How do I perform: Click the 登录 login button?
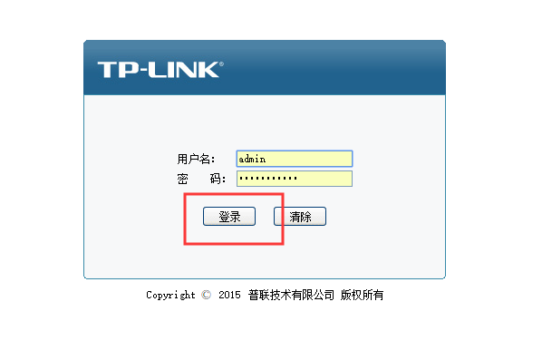click(x=229, y=217)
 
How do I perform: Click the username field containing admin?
click(x=295, y=159)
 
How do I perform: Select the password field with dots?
click(x=295, y=179)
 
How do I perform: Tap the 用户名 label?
click(x=196, y=159)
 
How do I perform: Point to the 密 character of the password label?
click(x=182, y=179)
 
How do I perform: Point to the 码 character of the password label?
click(x=216, y=179)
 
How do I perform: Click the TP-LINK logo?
click(x=160, y=70)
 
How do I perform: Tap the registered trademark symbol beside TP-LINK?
click(x=221, y=64)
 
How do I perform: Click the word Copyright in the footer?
click(x=170, y=295)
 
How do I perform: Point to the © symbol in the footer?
click(x=207, y=295)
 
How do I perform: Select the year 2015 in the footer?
click(x=229, y=295)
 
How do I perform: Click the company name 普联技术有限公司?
click(x=291, y=295)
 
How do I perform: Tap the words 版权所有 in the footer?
click(x=362, y=295)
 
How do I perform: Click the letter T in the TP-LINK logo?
click(x=109, y=70)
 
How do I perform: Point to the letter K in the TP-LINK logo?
click(x=208, y=70)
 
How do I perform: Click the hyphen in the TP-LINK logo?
click(x=144, y=71)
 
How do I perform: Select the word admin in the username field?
click(x=252, y=159)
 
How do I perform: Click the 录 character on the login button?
click(x=235, y=217)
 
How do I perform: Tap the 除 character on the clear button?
click(x=306, y=217)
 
